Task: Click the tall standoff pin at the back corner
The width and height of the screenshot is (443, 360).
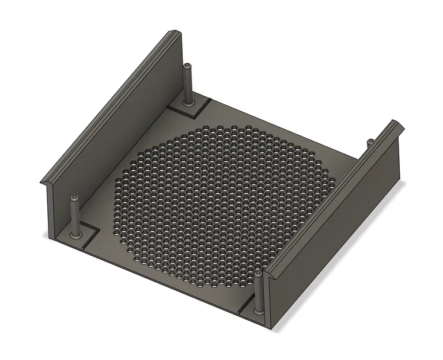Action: (x=187, y=84)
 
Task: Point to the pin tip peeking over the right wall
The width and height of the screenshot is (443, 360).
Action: (x=370, y=141)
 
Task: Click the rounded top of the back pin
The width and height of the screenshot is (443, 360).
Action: (x=187, y=66)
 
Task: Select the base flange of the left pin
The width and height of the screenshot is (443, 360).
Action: (x=75, y=235)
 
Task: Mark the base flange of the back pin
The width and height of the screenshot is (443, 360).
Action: (x=188, y=104)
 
